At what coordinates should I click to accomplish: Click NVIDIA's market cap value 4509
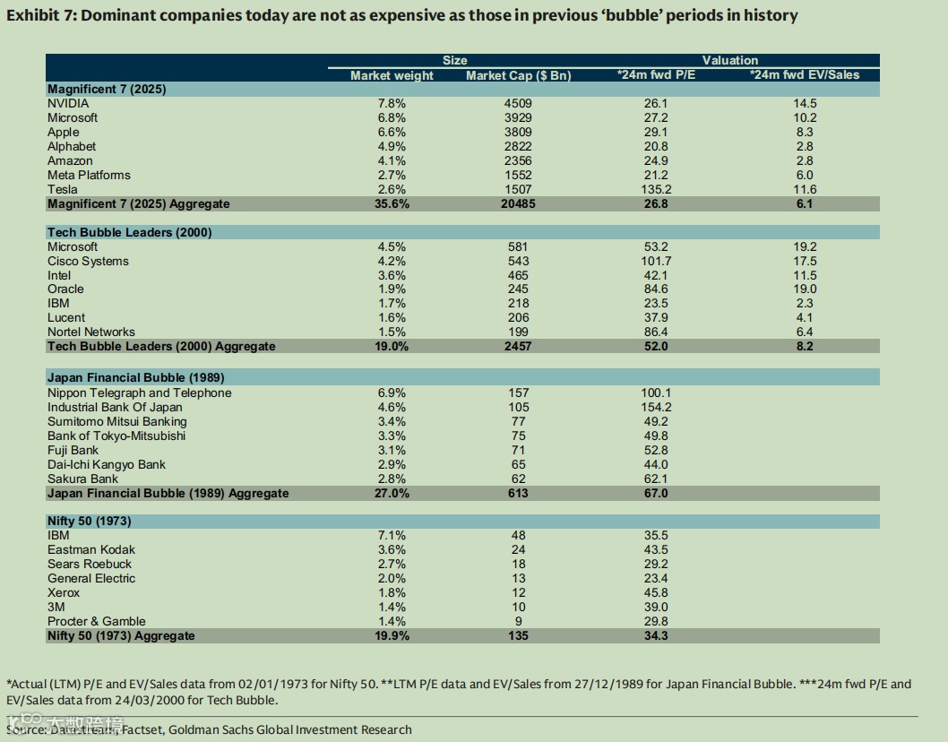[x=518, y=103]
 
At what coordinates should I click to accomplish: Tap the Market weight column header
[x=392, y=75]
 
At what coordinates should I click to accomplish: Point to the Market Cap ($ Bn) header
[x=518, y=75]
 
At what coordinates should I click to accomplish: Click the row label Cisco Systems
[x=88, y=261]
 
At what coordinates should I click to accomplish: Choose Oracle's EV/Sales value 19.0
[x=805, y=289]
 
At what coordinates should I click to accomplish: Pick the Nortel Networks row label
[x=91, y=332]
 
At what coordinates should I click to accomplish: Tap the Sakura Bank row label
[x=82, y=479]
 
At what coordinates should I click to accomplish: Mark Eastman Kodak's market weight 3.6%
[x=392, y=549]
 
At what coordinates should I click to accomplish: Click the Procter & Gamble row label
[x=97, y=621]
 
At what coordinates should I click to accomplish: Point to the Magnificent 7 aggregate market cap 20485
[x=518, y=203]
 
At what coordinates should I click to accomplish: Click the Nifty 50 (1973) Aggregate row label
[x=121, y=635]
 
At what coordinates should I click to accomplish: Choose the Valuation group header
[x=729, y=60]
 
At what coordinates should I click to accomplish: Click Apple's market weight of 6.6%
[x=392, y=132]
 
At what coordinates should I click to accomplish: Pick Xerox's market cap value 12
[x=518, y=592]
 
